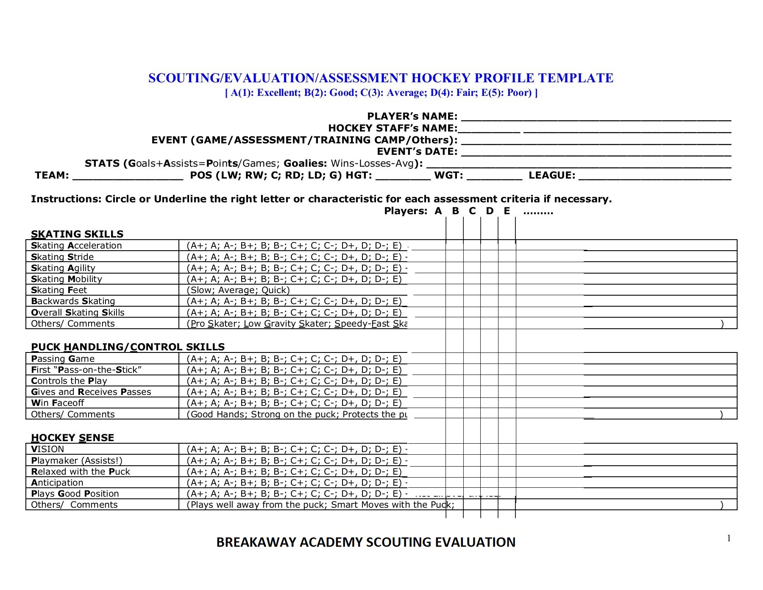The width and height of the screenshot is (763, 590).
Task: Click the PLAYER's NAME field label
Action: pyautogui.click(x=412, y=116)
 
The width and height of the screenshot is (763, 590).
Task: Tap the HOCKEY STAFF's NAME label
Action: pyautogui.click(x=393, y=128)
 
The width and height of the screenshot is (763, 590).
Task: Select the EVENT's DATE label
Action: pyautogui.click(x=417, y=152)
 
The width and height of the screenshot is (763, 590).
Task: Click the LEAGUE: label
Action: pyautogui.click(x=552, y=176)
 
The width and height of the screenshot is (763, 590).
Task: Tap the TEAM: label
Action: pyautogui.click(x=52, y=176)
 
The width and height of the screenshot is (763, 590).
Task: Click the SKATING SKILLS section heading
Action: pyautogui.click(x=77, y=234)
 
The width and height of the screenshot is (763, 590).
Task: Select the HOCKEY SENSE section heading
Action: pyautogui.click(x=72, y=438)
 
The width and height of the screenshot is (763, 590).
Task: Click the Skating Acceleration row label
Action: pyautogui.click(x=76, y=246)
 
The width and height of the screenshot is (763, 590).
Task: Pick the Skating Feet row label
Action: pyautogui.click(x=59, y=290)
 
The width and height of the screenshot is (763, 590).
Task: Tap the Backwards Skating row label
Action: pyautogui.click(x=73, y=301)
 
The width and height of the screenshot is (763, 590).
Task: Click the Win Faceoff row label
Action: pyautogui.click(x=58, y=403)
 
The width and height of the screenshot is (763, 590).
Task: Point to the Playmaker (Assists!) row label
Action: pyautogui.click(x=77, y=461)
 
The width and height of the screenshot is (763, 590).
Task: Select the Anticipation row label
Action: pyautogui.click(x=57, y=483)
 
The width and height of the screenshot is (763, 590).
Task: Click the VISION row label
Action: pyautogui.click(x=47, y=449)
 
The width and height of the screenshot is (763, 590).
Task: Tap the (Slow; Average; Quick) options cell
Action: pyautogui.click(x=238, y=290)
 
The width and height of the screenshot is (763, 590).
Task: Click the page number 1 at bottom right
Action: pyautogui.click(x=729, y=538)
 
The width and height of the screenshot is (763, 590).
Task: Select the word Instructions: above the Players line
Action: pyautogui.click(x=66, y=199)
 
